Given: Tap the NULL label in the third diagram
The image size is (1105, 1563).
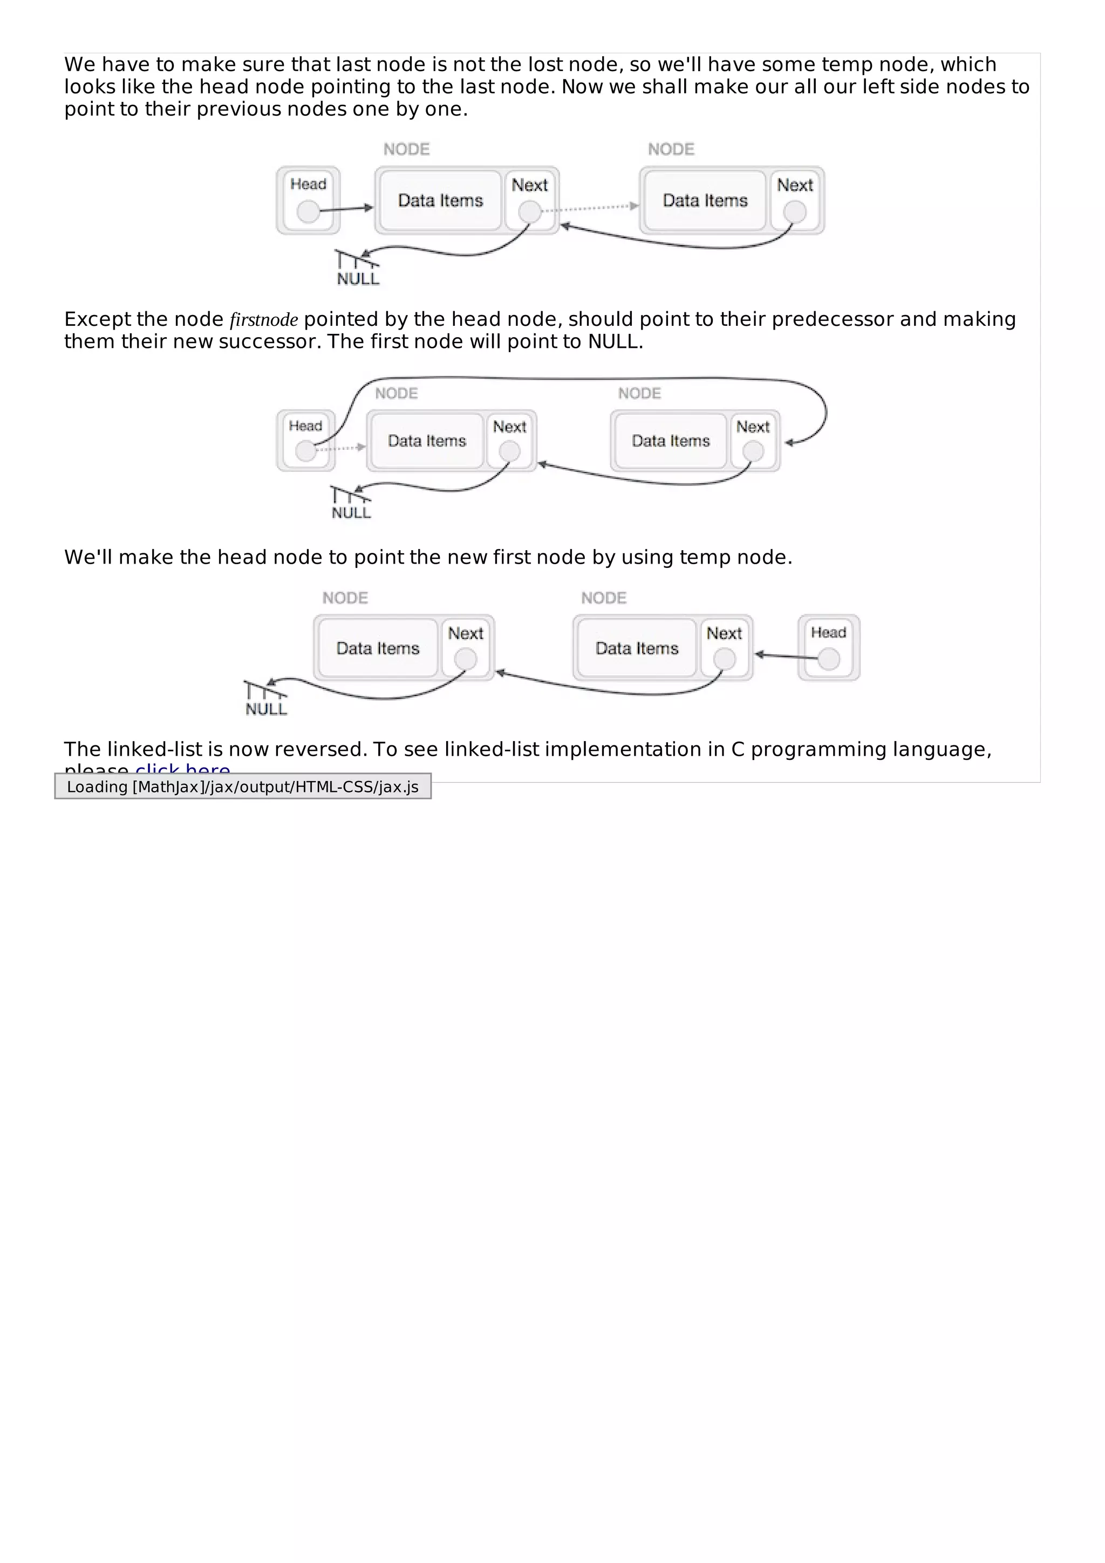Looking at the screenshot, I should pyautogui.click(x=266, y=709).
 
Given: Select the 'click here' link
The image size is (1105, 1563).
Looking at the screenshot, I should pyautogui.click(x=182, y=770).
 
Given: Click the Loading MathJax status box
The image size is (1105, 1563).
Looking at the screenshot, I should pyautogui.click(x=243, y=787).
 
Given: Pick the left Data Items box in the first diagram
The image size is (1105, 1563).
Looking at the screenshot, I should pyautogui.click(x=440, y=201).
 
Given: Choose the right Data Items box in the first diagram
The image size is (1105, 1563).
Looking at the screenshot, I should pyautogui.click(x=705, y=201).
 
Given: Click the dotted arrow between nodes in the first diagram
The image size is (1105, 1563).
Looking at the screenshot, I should pyautogui.click(x=590, y=208).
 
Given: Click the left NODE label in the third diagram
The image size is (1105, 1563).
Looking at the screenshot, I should pyautogui.click(x=345, y=598).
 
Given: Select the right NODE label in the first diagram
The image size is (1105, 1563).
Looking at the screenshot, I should pyautogui.click(x=671, y=149).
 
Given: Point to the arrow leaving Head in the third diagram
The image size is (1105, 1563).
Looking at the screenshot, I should pyautogui.click(x=786, y=656).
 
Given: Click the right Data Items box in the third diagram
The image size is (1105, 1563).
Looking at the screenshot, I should pyautogui.click(x=637, y=648).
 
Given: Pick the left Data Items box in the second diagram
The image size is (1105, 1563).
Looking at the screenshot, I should pyautogui.click(x=426, y=441).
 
